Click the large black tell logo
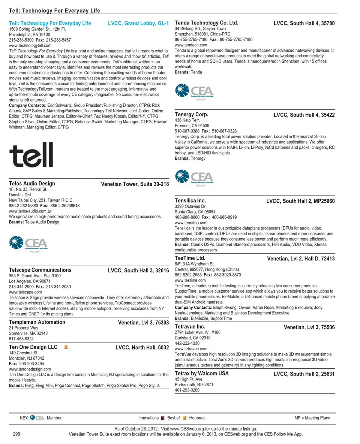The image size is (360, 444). click(x=31, y=155)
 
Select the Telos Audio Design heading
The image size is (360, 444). click(x=32, y=184)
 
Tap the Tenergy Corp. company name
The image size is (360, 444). click(x=192, y=115)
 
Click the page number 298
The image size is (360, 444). click(x=16, y=434)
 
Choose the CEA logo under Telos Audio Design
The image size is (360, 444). click(x=28, y=244)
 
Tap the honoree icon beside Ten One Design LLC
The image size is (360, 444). click(x=66, y=347)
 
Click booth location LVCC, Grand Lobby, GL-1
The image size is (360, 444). click(x=138, y=23)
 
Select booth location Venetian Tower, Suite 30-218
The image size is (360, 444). click(x=135, y=184)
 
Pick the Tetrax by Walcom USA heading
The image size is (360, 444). click(x=202, y=374)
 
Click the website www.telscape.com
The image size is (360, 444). click(x=25, y=292)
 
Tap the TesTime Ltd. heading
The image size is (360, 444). click(x=190, y=258)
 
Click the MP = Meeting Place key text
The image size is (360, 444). click(x=312, y=418)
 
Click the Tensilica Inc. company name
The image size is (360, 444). click(x=190, y=201)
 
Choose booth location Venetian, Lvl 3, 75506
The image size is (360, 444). click(x=309, y=327)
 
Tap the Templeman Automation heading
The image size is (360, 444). click(x=37, y=322)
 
